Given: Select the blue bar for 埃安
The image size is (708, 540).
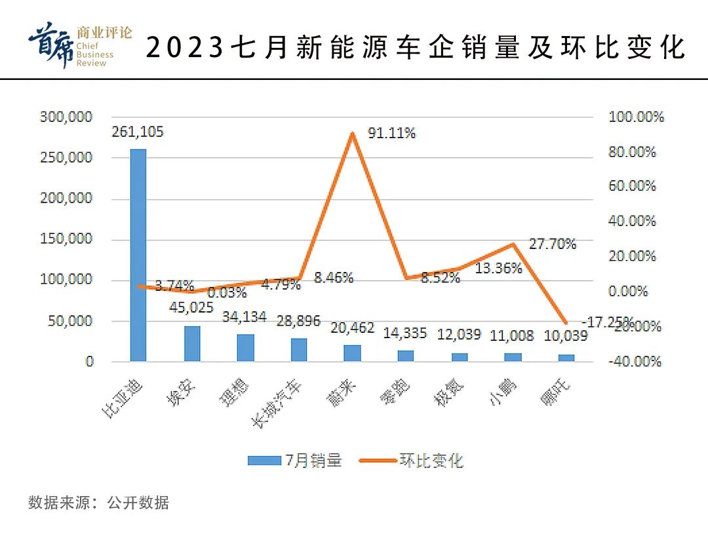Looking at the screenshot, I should click(192, 344).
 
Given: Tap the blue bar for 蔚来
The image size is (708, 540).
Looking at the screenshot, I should click(353, 353).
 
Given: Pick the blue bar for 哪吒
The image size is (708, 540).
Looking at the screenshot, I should click(566, 358).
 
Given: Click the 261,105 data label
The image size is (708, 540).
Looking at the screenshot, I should click(138, 132).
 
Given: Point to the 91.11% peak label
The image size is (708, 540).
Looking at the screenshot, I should click(391, 133).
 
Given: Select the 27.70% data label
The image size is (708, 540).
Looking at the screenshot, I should click(553, 244).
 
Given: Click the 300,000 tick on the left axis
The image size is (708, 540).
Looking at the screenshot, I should click(66, 117).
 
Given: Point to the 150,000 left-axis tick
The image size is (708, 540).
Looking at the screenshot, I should click(66, 239).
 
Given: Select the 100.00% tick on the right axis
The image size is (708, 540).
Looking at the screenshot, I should click(636, 117).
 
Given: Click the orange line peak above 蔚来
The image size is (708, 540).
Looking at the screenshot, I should click(353, 133).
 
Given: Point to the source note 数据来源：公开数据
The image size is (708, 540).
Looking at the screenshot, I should click(98, 503).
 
